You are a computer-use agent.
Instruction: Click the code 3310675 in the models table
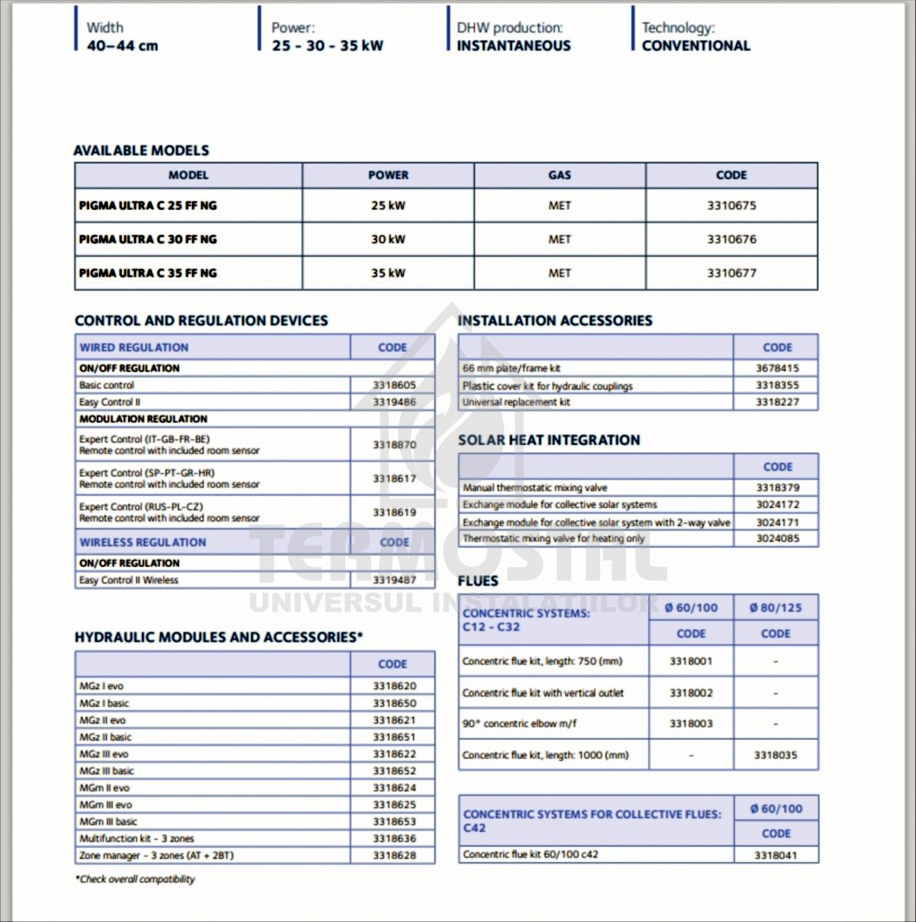click(731, 206)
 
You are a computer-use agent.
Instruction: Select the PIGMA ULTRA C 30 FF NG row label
click(148, 240)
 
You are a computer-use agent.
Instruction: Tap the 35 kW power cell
click(388, 274)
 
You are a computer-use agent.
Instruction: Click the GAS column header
click(560, 175)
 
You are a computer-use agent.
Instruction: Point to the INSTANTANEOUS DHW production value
click(514, 46)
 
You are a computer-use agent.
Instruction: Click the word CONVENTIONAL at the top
click(696, 46)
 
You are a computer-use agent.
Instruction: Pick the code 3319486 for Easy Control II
click(394, 402)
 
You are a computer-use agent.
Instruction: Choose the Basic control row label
click(107, 385)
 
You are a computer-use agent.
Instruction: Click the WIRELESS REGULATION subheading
click(143, 542)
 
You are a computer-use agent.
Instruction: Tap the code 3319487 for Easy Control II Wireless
click(394, 580)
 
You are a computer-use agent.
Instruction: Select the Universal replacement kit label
click(516, 402)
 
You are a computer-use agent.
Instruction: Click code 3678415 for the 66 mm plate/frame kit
click(777, 368)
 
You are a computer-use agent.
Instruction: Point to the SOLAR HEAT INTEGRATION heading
click(549, 440)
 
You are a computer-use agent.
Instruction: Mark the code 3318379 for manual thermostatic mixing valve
click(777, 487)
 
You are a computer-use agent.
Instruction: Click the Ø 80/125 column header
click(775, 608)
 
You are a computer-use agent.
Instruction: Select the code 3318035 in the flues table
click(775, 755)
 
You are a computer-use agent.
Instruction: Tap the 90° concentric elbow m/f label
click(519, 724)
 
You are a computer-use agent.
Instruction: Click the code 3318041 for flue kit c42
click(775, 854)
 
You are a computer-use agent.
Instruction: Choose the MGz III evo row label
click(104, 754)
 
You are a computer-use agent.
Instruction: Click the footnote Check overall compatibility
click(135, 879)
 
